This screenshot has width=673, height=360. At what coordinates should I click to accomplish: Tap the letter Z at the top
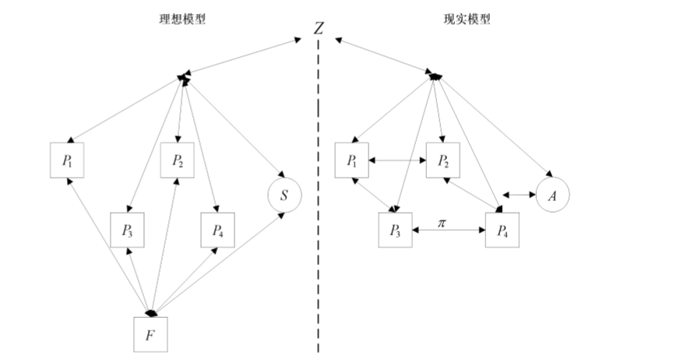[x=319, y=28]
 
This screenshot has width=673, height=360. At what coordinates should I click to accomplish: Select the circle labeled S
[x=284, y=195]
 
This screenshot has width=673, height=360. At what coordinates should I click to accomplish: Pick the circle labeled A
[x=552, y=195]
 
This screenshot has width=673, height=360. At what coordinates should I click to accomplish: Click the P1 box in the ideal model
[x=67, y=161]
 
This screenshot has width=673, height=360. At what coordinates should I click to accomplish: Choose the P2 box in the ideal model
[x=178, y=161]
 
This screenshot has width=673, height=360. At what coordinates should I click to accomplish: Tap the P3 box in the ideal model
[x=128, y=229]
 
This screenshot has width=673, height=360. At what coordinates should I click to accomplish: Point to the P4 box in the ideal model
[x=217, y=229]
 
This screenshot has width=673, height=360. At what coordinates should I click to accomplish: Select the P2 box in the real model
[x=443, y=161]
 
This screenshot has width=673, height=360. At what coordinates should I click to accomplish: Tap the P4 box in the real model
[x=502, y=229]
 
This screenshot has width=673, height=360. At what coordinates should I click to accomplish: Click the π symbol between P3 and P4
[x=442, y=222]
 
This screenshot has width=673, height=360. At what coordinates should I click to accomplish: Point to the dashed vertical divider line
[x=318, y=195]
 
